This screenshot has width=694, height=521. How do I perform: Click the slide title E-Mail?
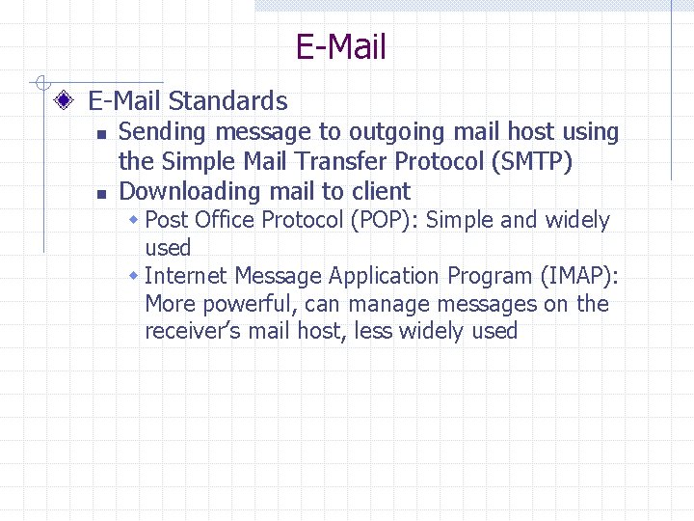[x=340, y=46]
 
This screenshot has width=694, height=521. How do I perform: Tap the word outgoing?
[x=400, y=132]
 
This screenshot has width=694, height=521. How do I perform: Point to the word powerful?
[x=240, y=304]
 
